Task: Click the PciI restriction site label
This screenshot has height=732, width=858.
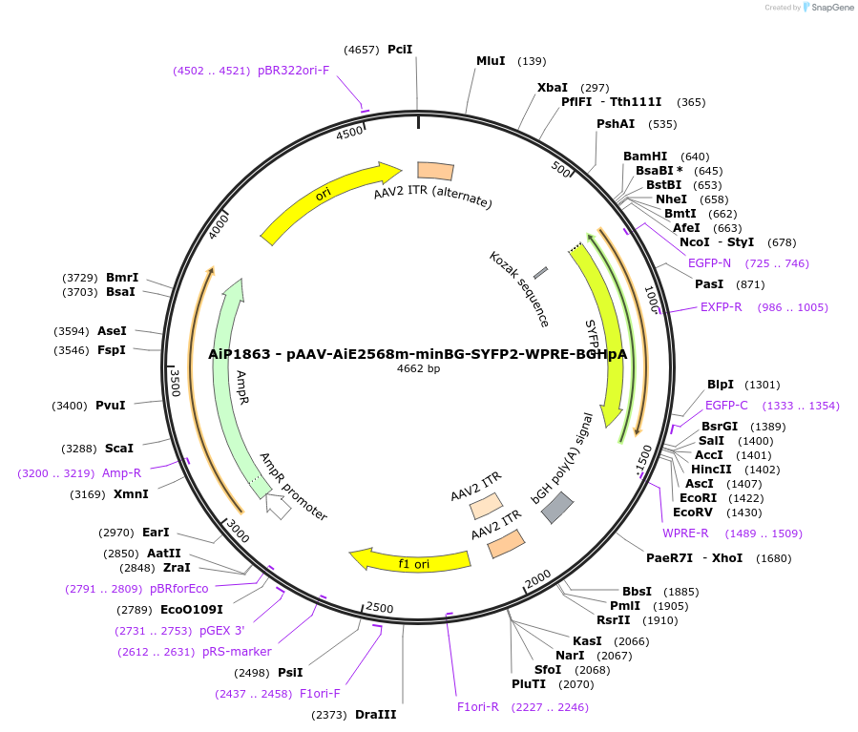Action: tap(400, 49)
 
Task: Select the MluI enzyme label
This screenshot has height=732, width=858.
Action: tap(491, 61)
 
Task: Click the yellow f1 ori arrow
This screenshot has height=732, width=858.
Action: tap(410, 561)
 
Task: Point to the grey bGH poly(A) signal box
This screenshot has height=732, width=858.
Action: tap(557, 508)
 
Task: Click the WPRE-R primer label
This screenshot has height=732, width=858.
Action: tap(685, 533)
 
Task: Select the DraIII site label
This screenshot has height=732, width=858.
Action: tap(375, 714)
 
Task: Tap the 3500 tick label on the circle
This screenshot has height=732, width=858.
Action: tap(176, 383)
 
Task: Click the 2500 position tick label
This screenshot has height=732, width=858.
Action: tap(379, 608)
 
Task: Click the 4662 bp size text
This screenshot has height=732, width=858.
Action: tap(418, 368)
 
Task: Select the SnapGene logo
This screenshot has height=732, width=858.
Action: tap(828, 8)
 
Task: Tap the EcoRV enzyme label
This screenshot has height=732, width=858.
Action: tap(694, 512)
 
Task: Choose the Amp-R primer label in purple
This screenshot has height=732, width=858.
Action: tap(121, 472)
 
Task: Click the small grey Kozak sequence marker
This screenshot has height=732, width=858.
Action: tap(541, 274)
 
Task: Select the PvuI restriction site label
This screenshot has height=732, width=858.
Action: tap(110, 406)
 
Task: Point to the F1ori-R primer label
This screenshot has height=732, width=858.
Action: tap(478, 707)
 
